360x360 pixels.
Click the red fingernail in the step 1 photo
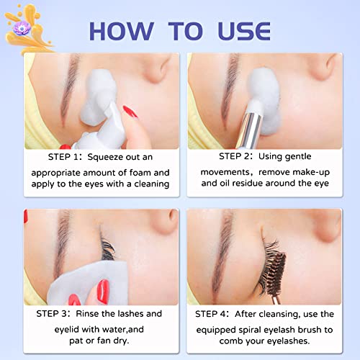point(129,111)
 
